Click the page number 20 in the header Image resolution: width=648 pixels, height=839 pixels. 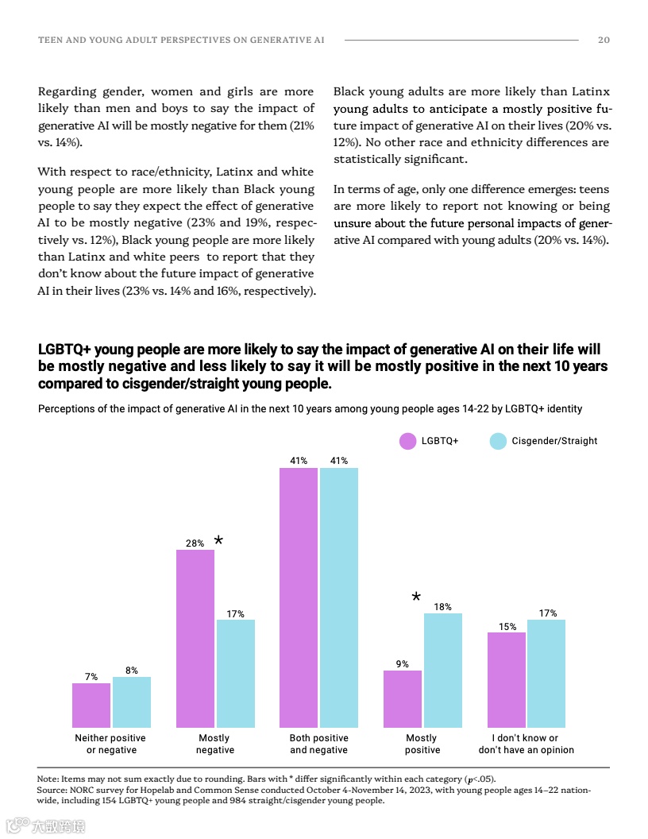[x=604, y=40]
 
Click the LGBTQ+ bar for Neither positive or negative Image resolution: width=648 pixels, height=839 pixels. [x=91, y=705]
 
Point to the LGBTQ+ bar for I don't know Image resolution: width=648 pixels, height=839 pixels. [x=507, y=679]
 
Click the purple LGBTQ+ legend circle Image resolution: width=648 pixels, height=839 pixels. [x=407, y=441]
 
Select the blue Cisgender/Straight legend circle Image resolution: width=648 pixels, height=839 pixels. [x=498, y=441]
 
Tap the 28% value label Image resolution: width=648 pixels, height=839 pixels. [x=195, y=543]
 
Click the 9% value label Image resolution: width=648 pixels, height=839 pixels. [x=403, y=664]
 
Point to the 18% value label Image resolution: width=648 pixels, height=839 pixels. [x=442, y=607]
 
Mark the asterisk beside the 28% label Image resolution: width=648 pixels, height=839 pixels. [x=218, y=541]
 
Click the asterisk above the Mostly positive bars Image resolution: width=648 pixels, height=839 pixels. [x=415, y=597]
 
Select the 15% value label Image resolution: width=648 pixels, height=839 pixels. [x=507, y=627]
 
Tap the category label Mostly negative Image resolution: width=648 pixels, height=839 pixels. [x=215, y=744]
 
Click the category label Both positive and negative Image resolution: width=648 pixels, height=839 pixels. [x=318, y=744]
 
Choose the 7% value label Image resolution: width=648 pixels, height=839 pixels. [x=91, y=677]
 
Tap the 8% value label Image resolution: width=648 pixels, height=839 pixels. [x=132, y=671]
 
